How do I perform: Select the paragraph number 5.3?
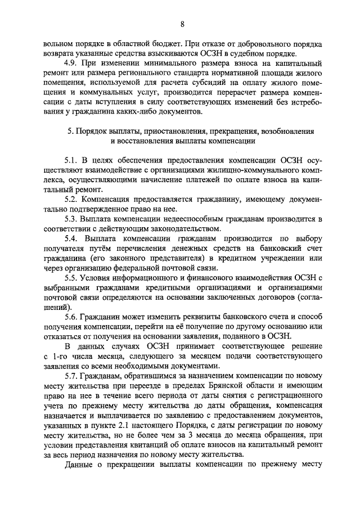click(71, 218)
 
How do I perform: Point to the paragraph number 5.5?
click(71, 277)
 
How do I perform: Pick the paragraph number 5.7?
click(71, 375)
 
